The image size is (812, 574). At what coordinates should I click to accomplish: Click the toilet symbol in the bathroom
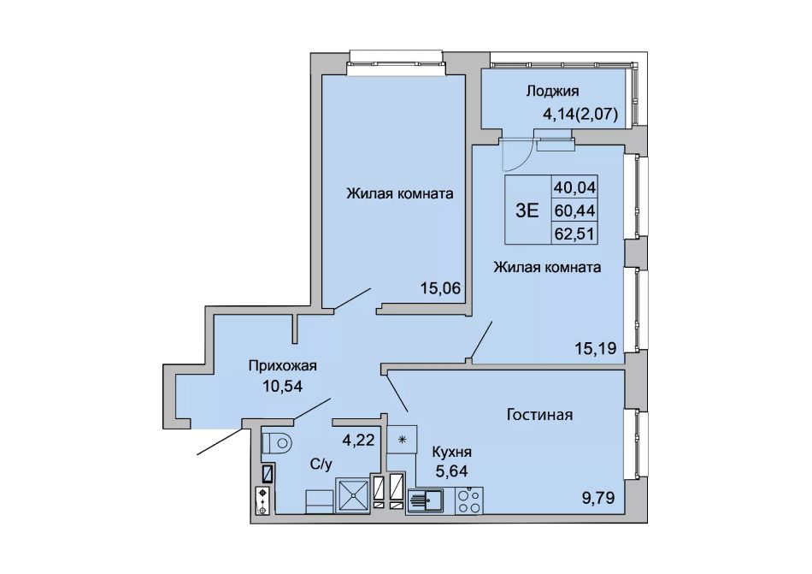(277, 443)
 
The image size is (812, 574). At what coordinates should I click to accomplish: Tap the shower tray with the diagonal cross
(353, 495)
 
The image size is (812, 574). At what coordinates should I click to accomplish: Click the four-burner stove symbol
(468, 500)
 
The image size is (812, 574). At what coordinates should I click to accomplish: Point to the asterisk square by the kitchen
(402, 440)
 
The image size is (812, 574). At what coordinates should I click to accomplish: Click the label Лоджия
(552, 92)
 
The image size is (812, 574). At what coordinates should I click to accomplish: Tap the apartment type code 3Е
(527, 210)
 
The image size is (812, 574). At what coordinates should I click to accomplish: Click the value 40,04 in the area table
(575, 186)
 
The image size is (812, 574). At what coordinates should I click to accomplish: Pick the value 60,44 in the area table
(575, 210)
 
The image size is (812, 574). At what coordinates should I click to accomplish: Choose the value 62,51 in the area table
(575, 234)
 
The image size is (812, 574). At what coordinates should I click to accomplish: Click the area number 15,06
(440, 288)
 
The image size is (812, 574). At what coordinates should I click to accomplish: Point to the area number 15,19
(596, 348)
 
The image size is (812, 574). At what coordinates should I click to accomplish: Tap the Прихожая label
(282, 366)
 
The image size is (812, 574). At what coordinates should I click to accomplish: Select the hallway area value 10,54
(282, 386)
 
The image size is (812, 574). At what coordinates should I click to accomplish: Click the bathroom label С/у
(321, 465)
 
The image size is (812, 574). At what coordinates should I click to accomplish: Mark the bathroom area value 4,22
(358, 441)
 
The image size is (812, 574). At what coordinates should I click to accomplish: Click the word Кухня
(452, 453)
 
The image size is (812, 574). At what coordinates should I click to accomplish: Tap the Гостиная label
(539, 415)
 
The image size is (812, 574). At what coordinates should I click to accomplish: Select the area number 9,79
(597, 499)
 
